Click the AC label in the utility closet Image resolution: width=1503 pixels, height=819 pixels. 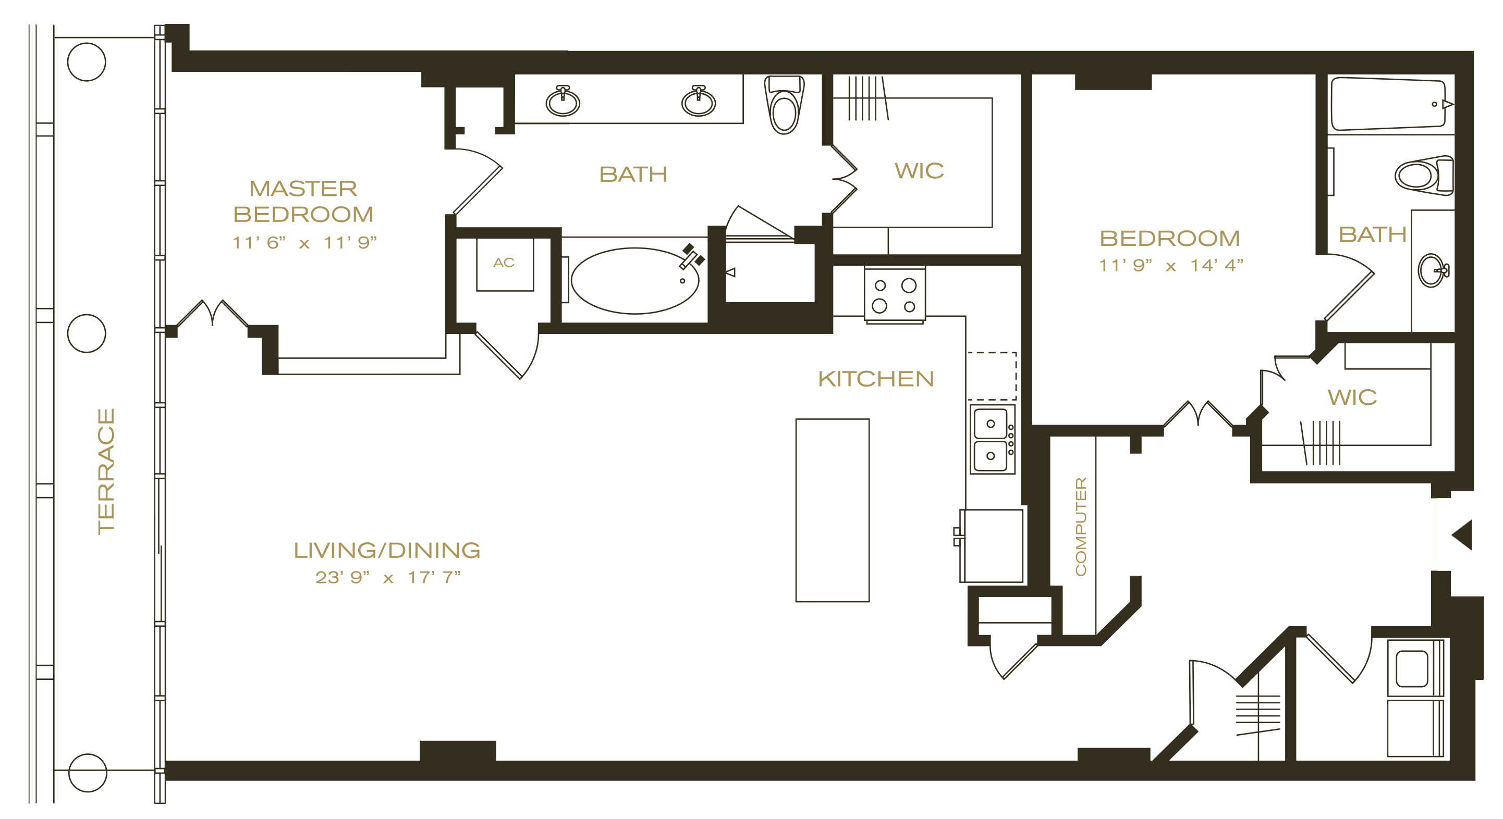coord(504,262)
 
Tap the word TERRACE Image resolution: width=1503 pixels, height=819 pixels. coord(106,471)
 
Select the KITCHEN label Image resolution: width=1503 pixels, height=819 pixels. coord(876,379)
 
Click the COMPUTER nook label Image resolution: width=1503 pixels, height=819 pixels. coord(1081,526)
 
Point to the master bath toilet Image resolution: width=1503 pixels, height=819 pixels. coord(784,105)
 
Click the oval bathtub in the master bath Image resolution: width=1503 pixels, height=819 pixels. coord(635,281)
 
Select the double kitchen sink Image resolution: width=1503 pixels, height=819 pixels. coord(993,439)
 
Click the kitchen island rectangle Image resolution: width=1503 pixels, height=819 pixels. coord(832,510)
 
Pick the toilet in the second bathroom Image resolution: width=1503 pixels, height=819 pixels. coord(1424,175)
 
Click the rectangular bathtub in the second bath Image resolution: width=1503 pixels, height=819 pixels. coord(1389,104)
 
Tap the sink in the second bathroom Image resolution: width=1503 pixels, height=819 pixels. coord(1433,270)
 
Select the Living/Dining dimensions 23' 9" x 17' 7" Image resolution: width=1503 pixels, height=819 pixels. coord(388,578)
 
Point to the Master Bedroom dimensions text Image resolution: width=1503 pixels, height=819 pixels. coord(304,242)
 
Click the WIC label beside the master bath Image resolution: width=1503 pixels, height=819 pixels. coord(919,171)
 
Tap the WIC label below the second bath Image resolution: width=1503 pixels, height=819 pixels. coord(1352,398)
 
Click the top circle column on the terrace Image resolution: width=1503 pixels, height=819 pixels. coord(87,62)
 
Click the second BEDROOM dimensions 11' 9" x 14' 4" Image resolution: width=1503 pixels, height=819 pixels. coord(1171,266)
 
